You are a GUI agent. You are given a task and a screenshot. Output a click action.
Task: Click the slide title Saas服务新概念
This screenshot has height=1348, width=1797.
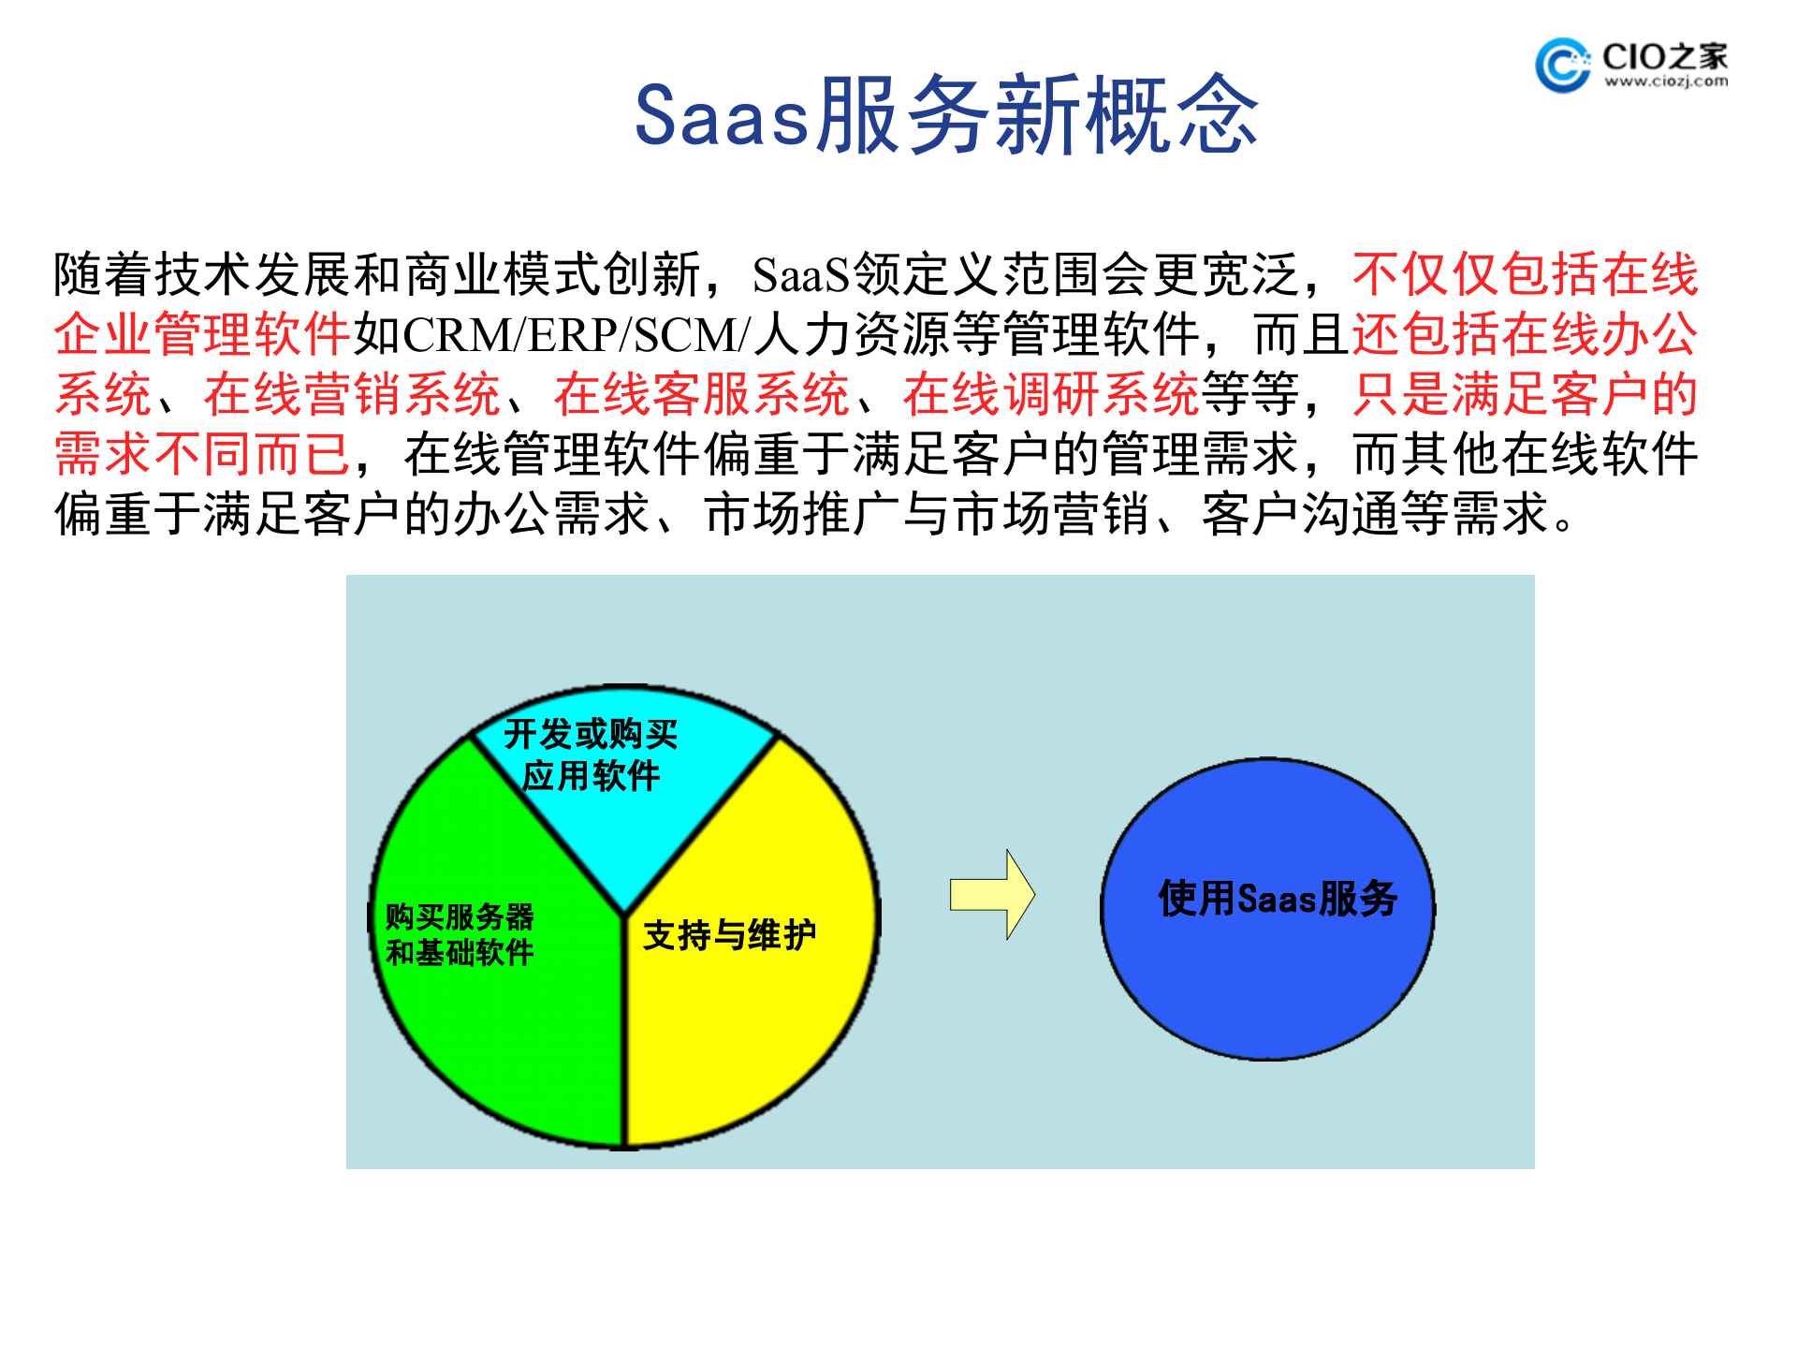tap(945, 115)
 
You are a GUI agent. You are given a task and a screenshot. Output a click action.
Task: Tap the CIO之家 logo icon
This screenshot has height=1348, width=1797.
tap(1561, 66)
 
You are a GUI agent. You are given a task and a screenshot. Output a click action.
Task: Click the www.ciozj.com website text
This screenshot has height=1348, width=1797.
tap(1666, 82)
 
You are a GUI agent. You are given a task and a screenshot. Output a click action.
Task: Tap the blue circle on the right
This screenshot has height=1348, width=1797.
tap(1268, 983)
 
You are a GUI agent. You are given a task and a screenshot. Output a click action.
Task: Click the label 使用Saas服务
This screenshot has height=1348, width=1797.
tap(1278, 899)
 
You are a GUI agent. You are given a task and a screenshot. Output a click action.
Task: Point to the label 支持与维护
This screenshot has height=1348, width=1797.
tap(729, 935)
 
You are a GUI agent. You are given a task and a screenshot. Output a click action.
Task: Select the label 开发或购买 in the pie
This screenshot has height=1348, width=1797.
tap(591, 734)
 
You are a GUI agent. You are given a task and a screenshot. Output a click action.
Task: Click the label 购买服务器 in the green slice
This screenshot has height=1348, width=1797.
tap(460, 916)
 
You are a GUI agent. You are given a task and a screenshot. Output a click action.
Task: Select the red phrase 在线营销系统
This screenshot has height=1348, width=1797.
tap(352, 394)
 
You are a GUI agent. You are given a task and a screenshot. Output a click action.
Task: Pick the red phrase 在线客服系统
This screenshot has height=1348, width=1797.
tap(701, 394)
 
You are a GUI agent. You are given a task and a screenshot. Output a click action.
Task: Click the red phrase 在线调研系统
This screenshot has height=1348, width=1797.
tap(1050, 394)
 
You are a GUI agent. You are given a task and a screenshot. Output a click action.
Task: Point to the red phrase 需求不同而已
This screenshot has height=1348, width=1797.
tap(202, 454)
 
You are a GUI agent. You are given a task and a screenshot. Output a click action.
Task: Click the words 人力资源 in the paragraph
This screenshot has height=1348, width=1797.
tap(852, 335)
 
